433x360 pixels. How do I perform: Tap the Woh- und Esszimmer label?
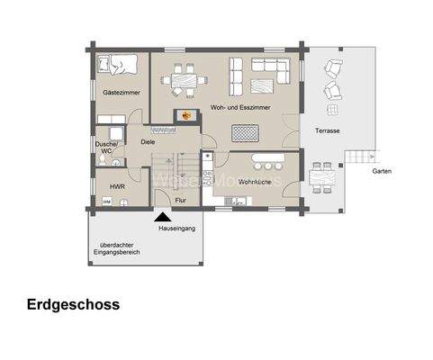coord(239,108)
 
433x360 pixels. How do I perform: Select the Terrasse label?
coord(328,130)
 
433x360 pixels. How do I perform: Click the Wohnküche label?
coord(256,183)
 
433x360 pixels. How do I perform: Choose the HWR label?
coord(117,186)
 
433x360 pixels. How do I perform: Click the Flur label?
coord(180,200)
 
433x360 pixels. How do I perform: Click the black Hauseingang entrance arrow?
coord(162,215)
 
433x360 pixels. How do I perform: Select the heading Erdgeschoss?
coord(73,305)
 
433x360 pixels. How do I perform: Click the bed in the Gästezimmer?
coord(118,67)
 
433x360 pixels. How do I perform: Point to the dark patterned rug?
coord(244,133)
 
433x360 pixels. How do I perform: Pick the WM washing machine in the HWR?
coord(106,202)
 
